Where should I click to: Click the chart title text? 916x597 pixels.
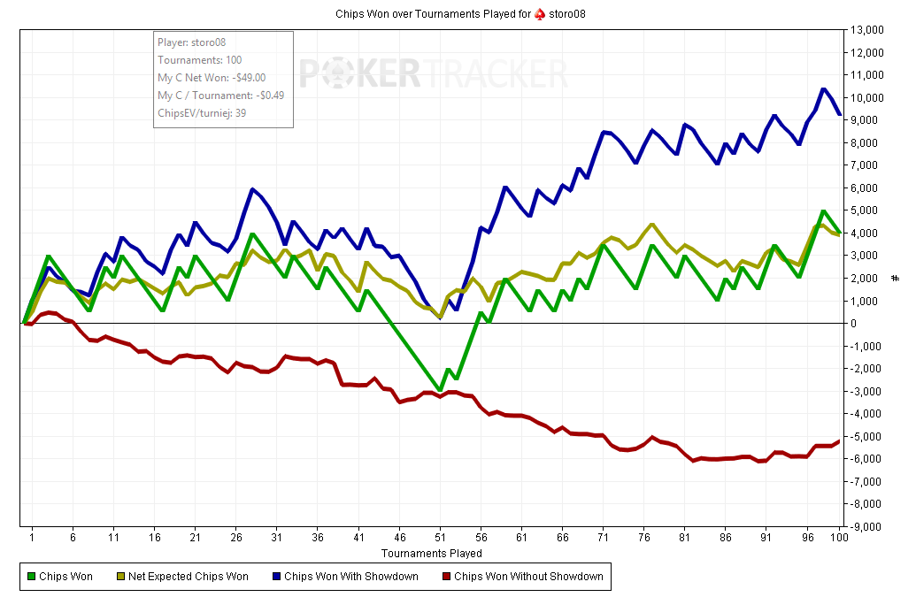click(460, 14)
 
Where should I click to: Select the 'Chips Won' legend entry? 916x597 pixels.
click(66, 577)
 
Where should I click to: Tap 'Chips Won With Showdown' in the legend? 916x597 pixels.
click(350, 577)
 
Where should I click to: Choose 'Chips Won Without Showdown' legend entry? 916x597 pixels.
click(526, 577)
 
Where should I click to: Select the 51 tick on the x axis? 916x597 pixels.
click(440, 537)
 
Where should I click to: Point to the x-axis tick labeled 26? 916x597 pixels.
click(236, 537)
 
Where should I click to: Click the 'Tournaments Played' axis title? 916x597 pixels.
click(432, 554)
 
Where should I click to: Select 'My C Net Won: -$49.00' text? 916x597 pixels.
click(212, 78)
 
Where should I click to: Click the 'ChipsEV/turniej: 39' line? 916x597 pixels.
click(202, 113)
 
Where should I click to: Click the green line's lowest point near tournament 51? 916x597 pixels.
click(440, 390)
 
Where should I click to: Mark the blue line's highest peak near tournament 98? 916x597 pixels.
click(823, 89)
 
